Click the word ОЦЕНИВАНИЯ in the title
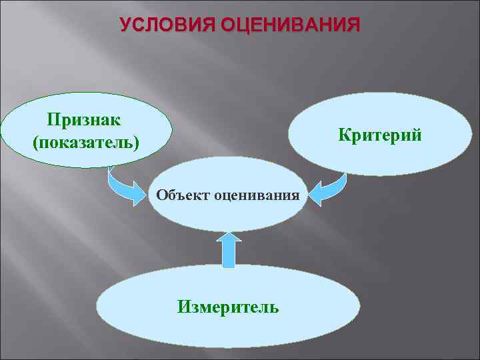point(290,25)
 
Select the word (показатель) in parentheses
point(85,142)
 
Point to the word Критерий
point(379,135)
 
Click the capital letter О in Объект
point(161,195)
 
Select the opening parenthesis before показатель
point(35,143)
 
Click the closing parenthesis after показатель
point(137,143)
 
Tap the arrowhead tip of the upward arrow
point(229,233)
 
